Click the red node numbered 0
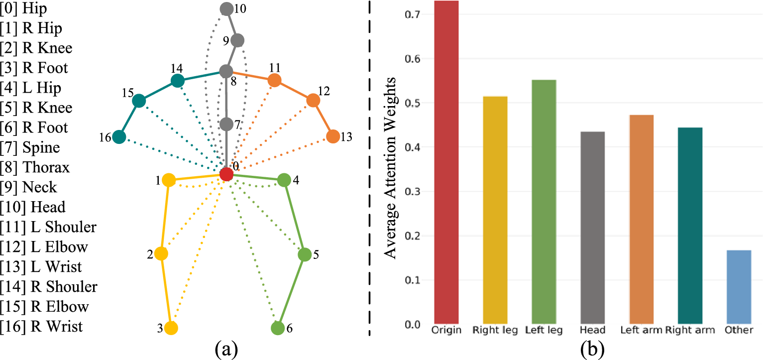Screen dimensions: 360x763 [226, 174]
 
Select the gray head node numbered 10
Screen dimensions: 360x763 [226, 9]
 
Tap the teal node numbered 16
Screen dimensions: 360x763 [119, 137]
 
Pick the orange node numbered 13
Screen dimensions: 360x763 [332, 136]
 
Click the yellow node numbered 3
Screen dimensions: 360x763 [171, 328]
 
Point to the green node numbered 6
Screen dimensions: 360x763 [277, 328]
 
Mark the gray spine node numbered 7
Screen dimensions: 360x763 [226, 124]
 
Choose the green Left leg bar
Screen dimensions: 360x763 [544, 201]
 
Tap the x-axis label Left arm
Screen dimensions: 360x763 [641, 330]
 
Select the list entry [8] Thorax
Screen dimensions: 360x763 [35, 167]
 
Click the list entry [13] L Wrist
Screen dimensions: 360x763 [41, 267]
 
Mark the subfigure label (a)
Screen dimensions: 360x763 [226, 349]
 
